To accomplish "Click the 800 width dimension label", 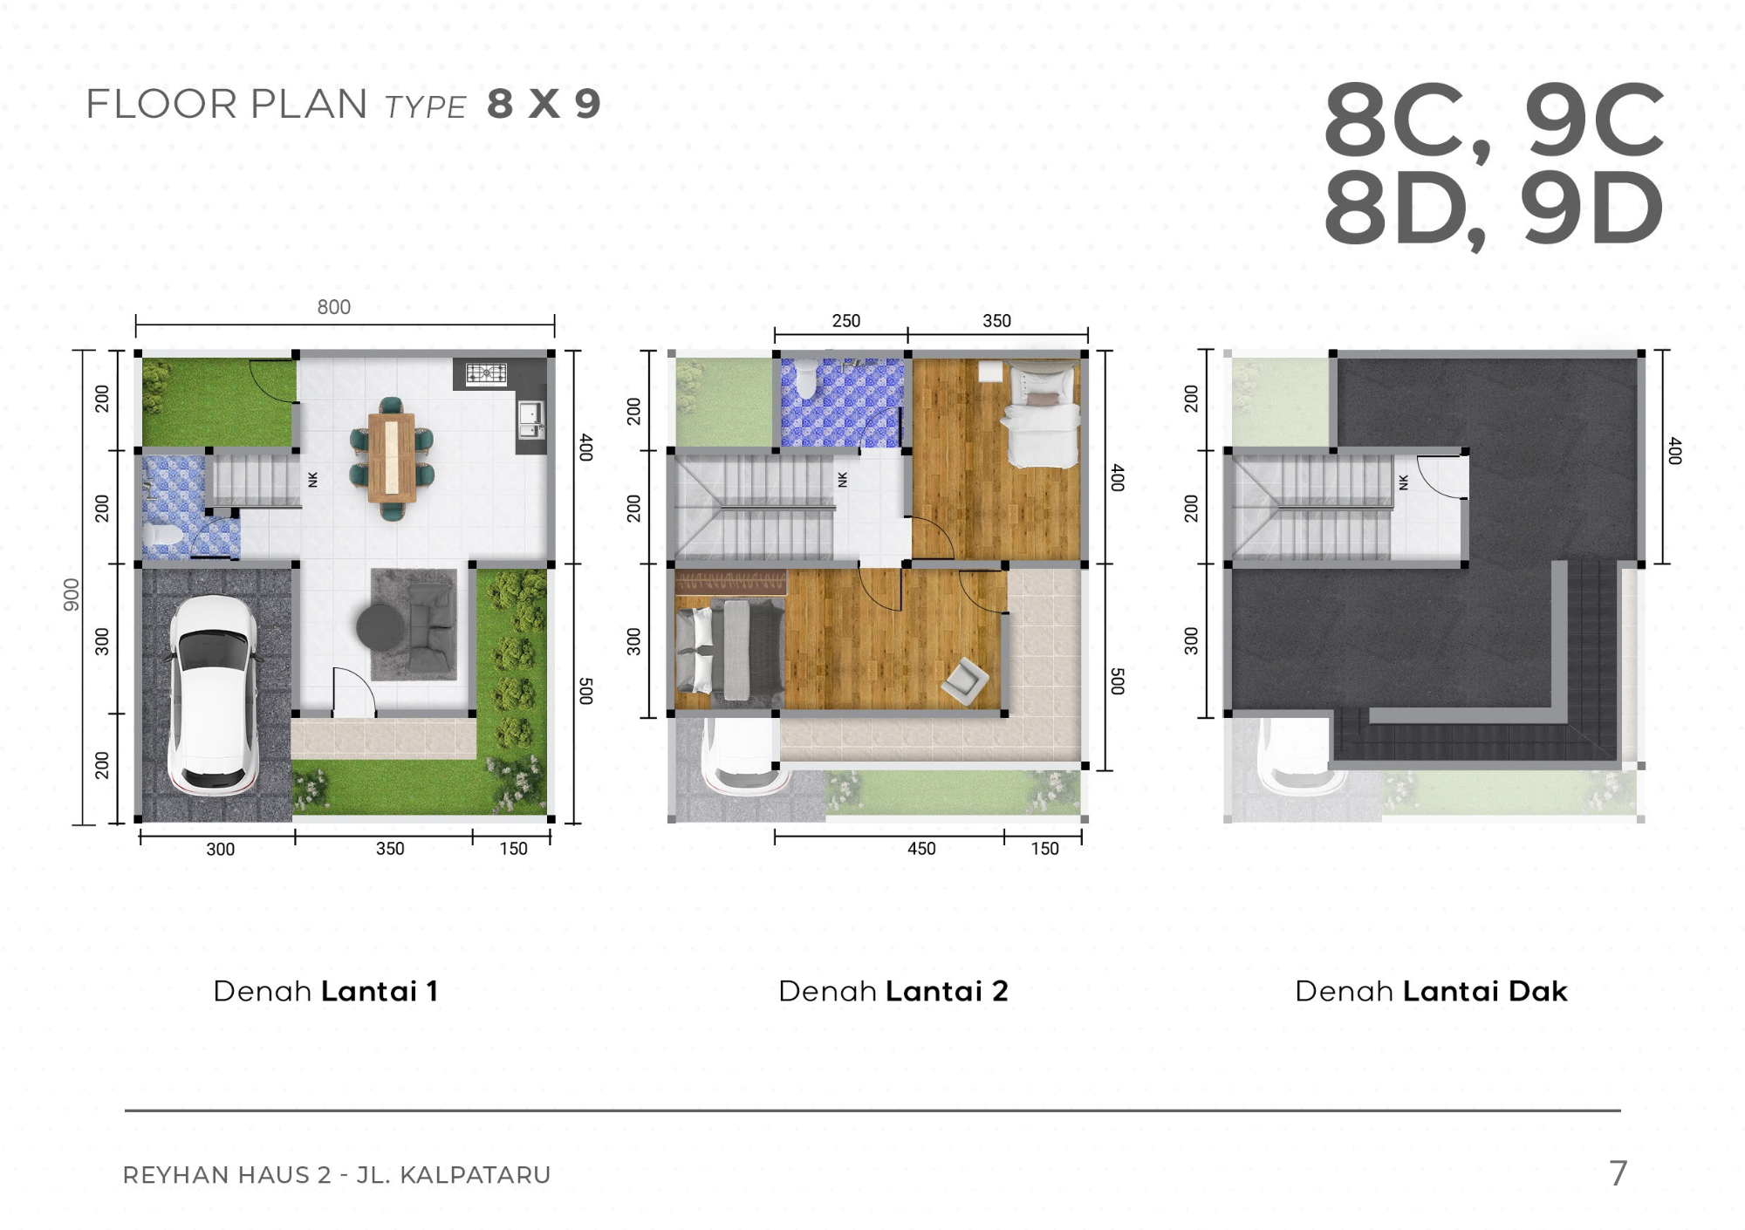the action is pyautogui.click(x=333, y=307).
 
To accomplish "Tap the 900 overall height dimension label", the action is pyautogui.click(x=71, y=595).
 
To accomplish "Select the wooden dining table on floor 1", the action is pyautogui.click(x=392, y=457).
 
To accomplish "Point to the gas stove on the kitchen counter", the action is pyautogui.click(x=486, y=373).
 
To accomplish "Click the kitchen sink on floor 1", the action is pyautogui.click(x=530, y=420).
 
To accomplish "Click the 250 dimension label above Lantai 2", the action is pyautogui.click(x=845, y=321).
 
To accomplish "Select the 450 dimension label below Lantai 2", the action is pyautogui.click(x=921, y=849).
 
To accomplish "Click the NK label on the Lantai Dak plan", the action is pyautogui.click(x=1403, y=482).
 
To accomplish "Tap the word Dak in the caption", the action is pyautogui.click(x=1537, y=991).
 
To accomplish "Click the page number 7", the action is pyautogui.click(x=1618, y=1173).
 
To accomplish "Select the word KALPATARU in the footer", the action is pyautogui.click(x=475, y=1175).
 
